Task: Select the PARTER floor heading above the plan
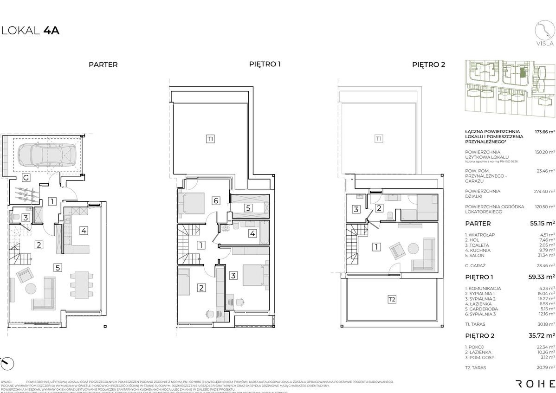(x=103, y=65)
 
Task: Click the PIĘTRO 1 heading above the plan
(x=265, y=64)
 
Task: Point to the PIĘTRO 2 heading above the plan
(x=428, y=65)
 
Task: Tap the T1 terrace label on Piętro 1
(x=211, y=138)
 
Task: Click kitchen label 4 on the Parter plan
(x=84, y=230)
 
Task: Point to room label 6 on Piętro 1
(x=216, y=200)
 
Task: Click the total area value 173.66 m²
(x=545, y=132)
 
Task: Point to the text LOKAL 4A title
(x=30, y=31)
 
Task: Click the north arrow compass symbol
(x=7, y=363)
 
